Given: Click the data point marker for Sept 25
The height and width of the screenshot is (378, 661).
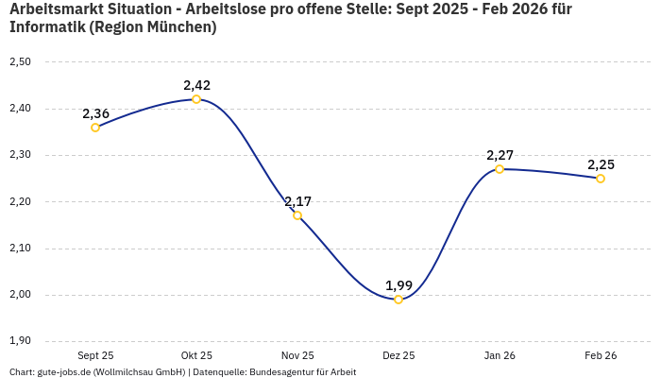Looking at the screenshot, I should pyautogui.click(x=95, y=128).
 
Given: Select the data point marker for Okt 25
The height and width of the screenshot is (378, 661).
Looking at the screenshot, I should pyautogui.click(x=196, y=99).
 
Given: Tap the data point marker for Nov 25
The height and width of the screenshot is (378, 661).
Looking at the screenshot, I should pyautogui.click(x=297, y=215).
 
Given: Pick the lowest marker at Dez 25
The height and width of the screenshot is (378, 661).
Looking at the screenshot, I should pyautogui.click(x=398, y=300).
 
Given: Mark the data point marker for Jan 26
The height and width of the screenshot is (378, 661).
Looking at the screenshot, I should pyautogui.click(x=500, y=169).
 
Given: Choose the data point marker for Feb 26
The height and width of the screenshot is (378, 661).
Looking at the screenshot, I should pyautogui.click(x=601, y=179).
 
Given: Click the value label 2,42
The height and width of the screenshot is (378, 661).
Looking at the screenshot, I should pyautogui.click(x=196, y=85).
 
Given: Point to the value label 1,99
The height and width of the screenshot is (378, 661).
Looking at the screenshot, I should pyautogui.click(x=398, y=285).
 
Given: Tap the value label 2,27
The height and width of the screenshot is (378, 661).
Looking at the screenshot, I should pyautogui.click(x=500, y=155).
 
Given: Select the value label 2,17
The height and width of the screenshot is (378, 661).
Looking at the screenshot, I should pyautogui.click(x=297, y=201).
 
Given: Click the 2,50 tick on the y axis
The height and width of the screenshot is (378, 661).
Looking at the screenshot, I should pyautogui.click(x=20, y=61).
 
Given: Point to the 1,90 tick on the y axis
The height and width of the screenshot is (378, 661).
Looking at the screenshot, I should pyautogui.click(x=20, y=340).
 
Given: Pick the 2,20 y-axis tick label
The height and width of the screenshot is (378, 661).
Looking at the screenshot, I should pyautogui.click(x=20, y=201).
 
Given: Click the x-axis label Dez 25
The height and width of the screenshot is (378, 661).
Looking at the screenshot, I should pyautogui.click(x=398, y=355).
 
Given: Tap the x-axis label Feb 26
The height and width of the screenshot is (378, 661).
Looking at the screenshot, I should pyautogui.click(x=601, y=355).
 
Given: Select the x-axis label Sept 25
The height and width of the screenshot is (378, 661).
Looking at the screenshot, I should pyautogui.click(x=95, y=355).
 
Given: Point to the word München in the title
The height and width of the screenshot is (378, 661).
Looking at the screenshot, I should pyautogui.click(x=179, y=27).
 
